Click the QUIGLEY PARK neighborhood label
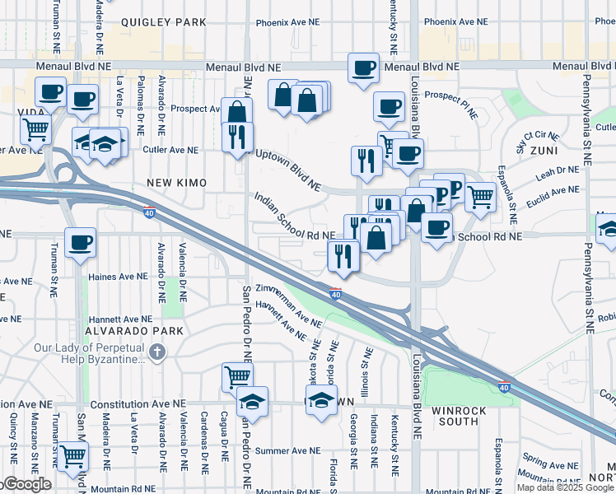(x=163, y=22)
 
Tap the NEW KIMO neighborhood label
(x=176, y=181)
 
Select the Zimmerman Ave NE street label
(x=287, y=304)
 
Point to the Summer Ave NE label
(x=287, y=450)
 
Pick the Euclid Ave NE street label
(x=553, y=191)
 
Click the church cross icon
(x=159, y=353)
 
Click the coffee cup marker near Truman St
(x=81, y=243)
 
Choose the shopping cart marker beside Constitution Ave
(x=236, y=376)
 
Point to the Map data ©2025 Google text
(x=565, y=487)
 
